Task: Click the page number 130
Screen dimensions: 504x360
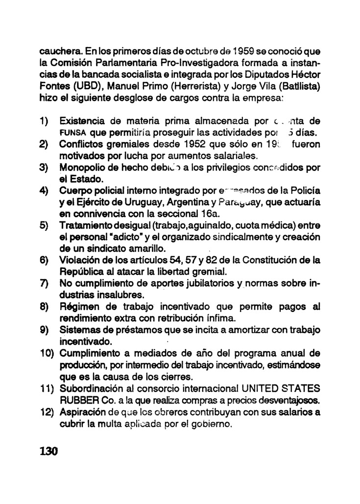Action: [x=48, y=451]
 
